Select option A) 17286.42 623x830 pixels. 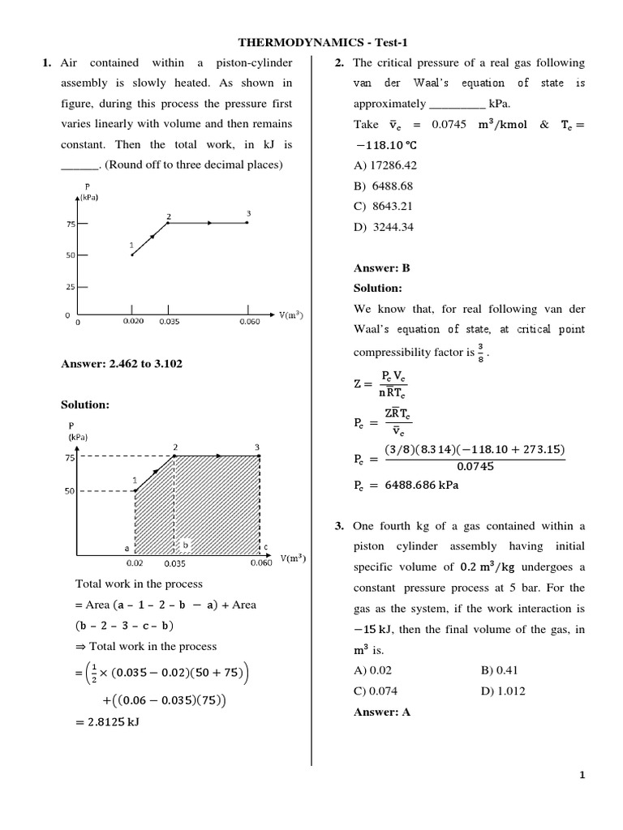click(x=385, y=166)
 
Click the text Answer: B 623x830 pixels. click(x=382, y=268)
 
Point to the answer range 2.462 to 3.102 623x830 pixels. click(x=122, y=364)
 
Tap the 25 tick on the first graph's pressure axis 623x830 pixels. click(x=70, y=286)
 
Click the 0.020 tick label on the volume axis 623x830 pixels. click(x=133, y=322)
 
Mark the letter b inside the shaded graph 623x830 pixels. click(x=185, y=544)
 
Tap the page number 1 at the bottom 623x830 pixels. click(x=582, y=775)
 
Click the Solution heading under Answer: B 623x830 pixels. click(x=378, y=289)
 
